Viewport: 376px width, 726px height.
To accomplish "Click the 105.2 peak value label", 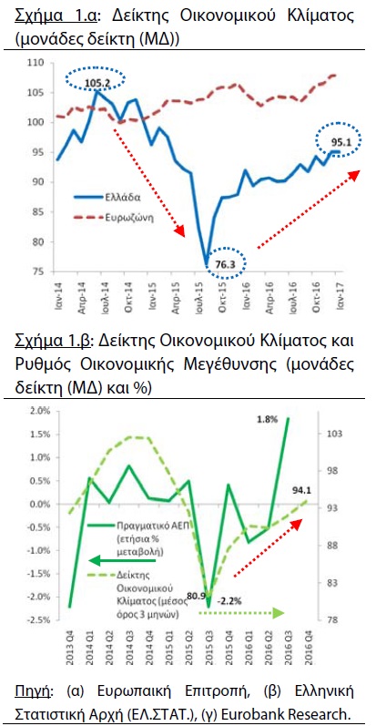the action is pos(97,83).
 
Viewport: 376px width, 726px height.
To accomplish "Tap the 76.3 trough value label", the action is pos(225,264).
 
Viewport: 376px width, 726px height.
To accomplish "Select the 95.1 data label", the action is pos(340,142).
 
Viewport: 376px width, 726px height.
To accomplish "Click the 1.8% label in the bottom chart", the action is pos(268,420).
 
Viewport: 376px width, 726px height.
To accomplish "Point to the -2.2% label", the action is pos(229,602).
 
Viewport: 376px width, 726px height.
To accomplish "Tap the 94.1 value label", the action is pos(300,490).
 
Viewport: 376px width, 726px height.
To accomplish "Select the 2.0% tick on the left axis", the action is pos(40,411).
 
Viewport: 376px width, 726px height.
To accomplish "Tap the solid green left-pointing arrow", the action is pos(122,561).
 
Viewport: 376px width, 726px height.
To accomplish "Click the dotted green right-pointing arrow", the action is pos(241,613).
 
